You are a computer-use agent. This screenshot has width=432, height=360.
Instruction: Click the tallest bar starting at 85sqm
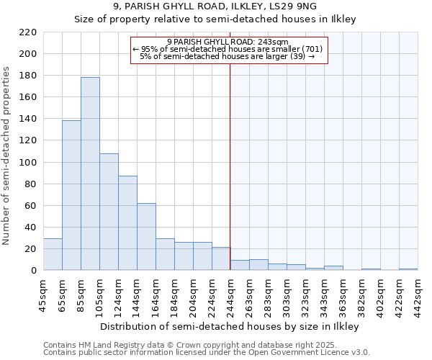coord(90,174)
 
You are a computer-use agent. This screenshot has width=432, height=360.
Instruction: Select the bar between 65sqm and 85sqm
coord(71,195)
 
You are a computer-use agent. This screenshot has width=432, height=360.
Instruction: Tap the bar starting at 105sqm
coord(109,212)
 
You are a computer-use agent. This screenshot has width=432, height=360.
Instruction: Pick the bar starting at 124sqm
coord(127,223)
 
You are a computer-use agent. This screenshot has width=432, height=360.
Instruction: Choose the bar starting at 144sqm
coord(146,237)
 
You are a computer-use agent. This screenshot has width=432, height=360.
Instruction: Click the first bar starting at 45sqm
coord(53,254)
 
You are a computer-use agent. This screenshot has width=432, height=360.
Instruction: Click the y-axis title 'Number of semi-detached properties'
coord(7,156)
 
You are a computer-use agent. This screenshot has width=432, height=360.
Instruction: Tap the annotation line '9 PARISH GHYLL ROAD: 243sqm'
coord(228,42)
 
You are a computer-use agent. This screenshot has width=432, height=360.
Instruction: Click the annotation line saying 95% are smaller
coord(228,49)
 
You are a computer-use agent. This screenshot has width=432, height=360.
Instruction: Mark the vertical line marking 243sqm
coord(230,180)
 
